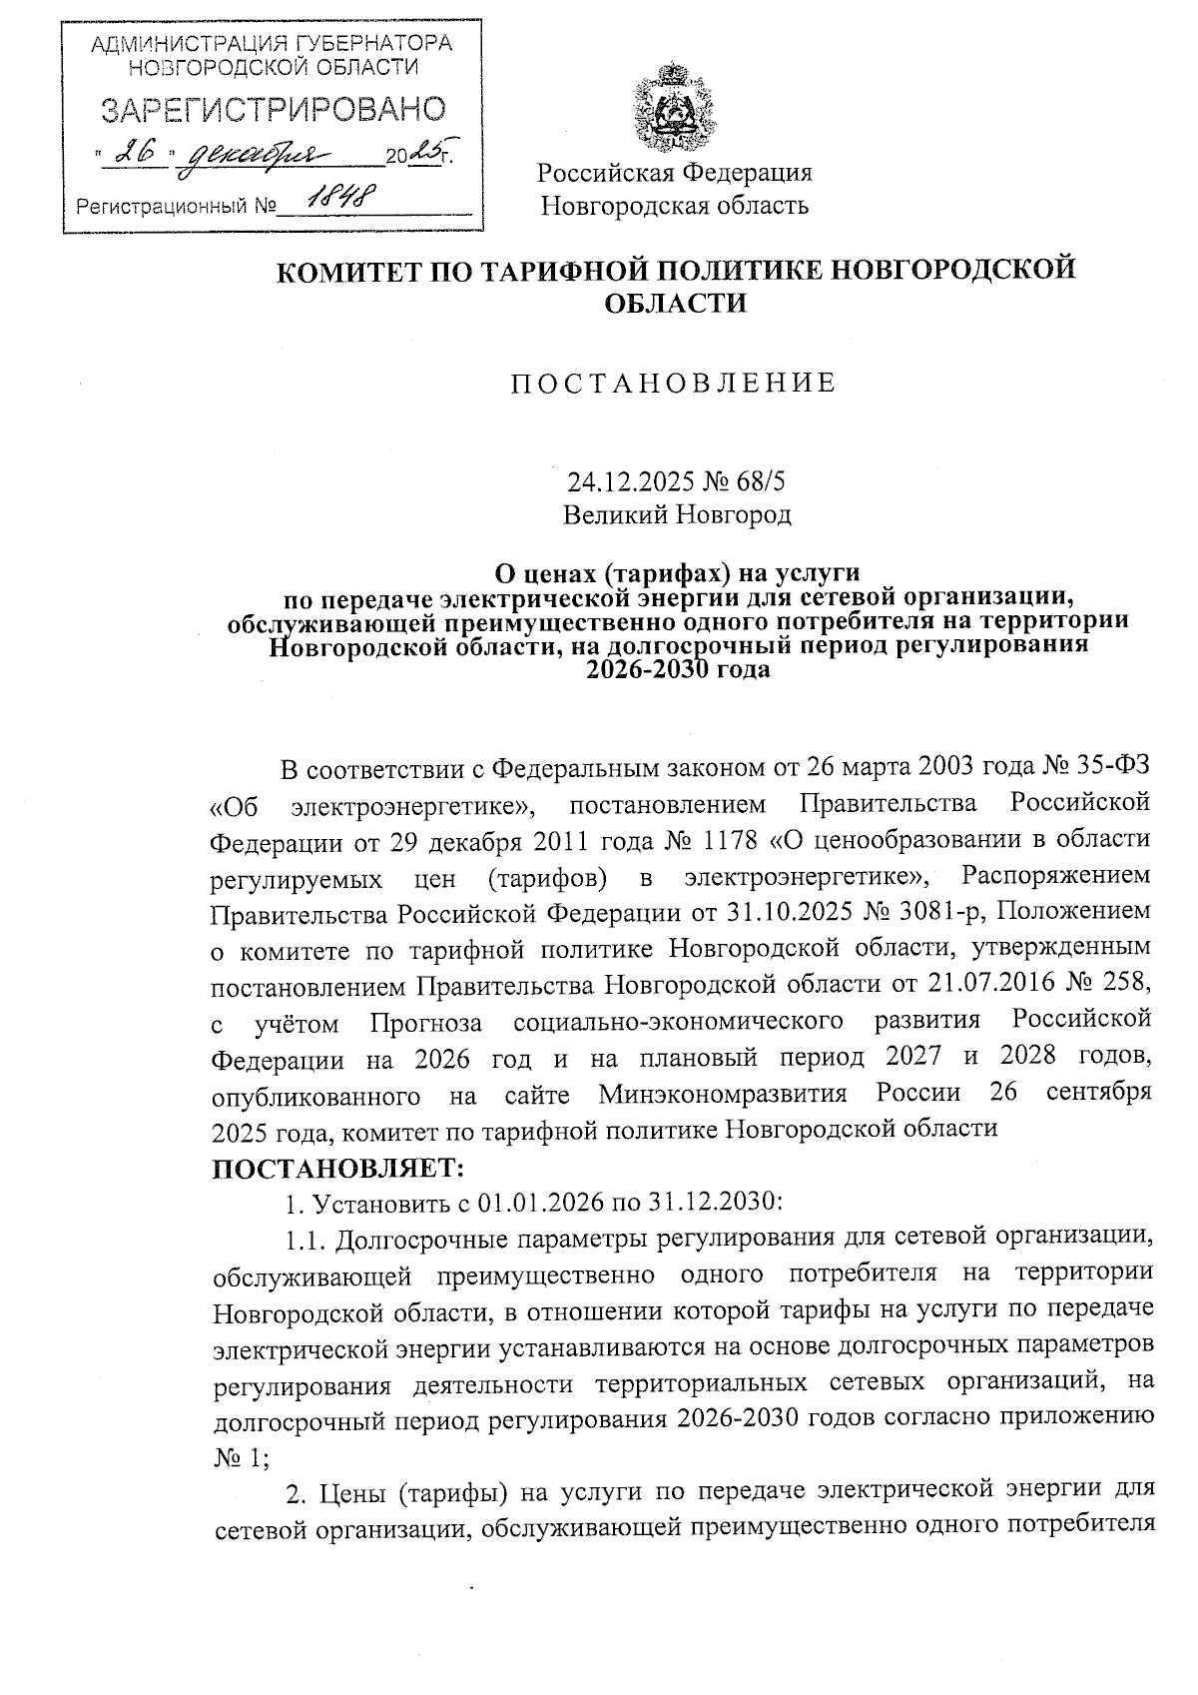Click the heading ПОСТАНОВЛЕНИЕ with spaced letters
[x=674, y=384]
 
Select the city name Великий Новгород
[x=676, y=515]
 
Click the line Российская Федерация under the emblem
[x=675, y=173]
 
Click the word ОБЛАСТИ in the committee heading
[x=676, y=303]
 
